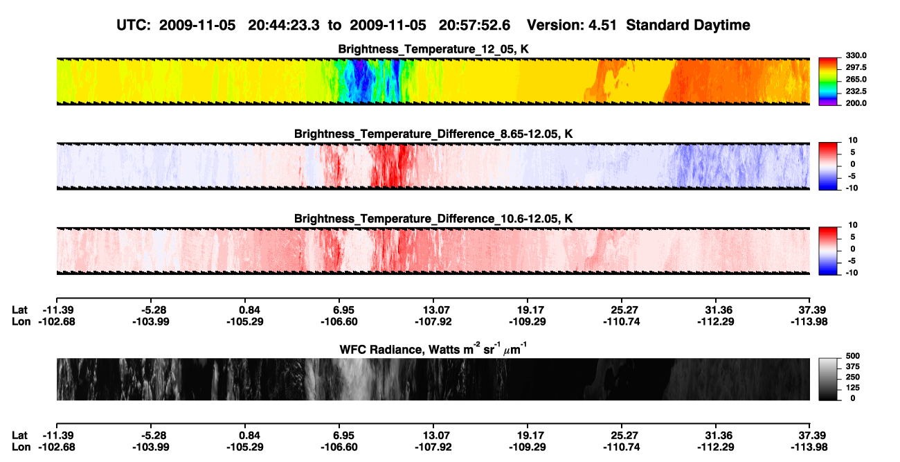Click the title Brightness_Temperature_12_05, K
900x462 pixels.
click(433, 49)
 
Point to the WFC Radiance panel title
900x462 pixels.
click(433, 349)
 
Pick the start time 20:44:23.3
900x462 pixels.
click(284, 25)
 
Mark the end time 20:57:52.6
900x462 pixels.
click(474, 25)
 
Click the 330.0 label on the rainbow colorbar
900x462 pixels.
click(856, 55)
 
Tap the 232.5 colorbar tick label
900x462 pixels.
click(856, 91)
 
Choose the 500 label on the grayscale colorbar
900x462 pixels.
click(853, 356)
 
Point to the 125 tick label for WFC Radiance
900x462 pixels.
click(853, 388)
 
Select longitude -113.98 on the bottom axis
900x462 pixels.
click(809, 447)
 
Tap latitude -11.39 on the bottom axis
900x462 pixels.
click(58, 435)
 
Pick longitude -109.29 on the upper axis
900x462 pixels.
click(527, 321)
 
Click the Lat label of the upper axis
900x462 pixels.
click(19, 310)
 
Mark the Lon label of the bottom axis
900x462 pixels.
click(21, 447)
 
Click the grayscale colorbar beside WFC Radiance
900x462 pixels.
click(828, 379)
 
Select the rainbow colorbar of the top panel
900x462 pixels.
click(828, 82)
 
